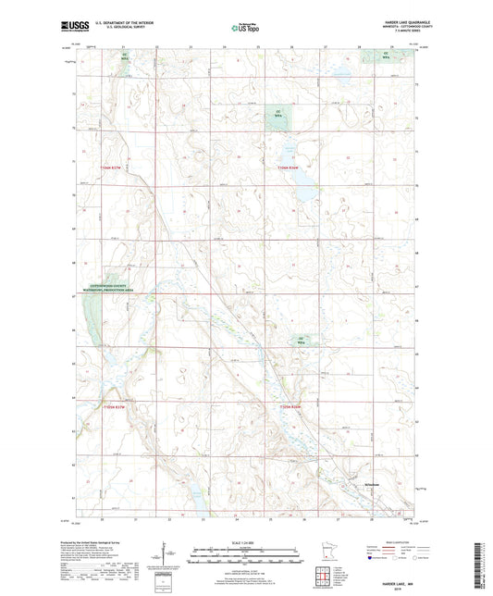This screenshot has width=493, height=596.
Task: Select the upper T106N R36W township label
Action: tap(289, 167)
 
